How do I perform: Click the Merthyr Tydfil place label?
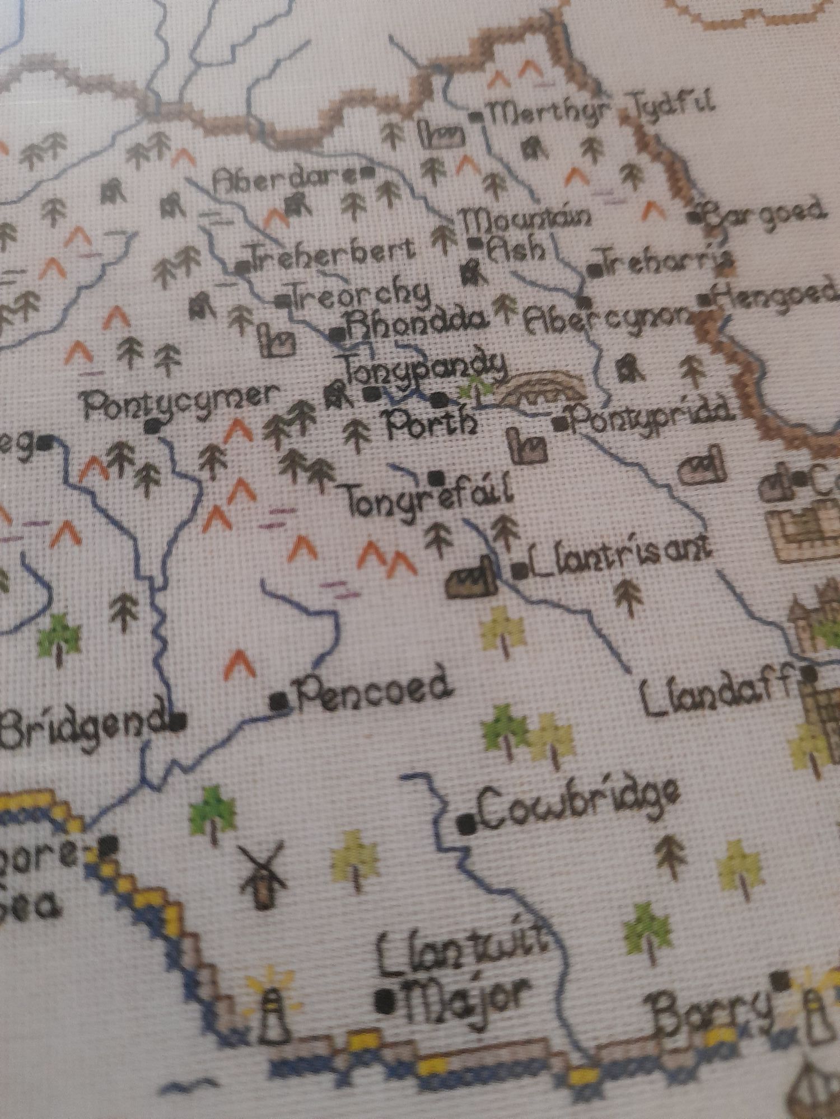599,112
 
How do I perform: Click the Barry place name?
711,1007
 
